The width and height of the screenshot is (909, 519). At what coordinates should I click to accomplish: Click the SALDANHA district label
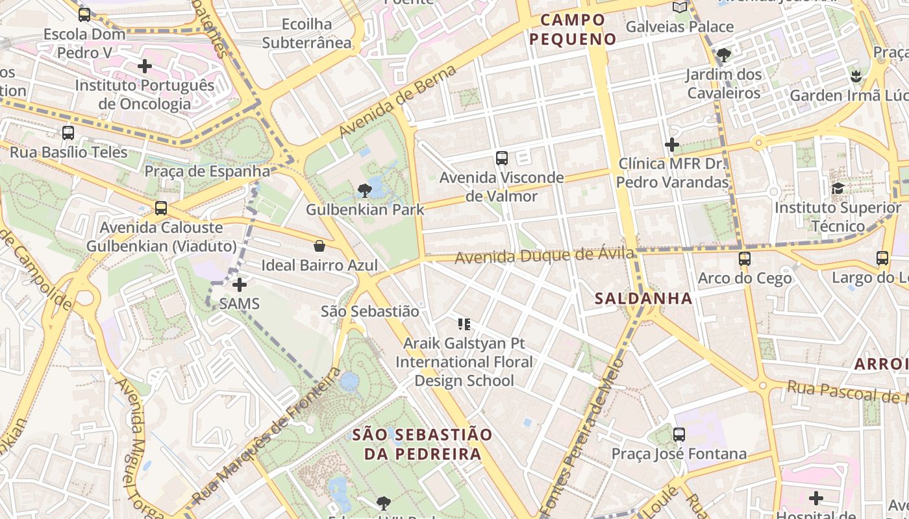click(643, 299)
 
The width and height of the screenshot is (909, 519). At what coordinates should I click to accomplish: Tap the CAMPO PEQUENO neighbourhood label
click(572, 29)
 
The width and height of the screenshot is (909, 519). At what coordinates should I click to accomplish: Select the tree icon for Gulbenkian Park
click(365, 191)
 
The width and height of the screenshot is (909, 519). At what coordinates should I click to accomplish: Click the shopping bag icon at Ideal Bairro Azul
click(319, 246)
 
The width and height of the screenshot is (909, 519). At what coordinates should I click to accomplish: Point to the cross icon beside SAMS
click(240, 284)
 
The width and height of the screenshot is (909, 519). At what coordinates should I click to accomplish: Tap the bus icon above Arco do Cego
click(745, 259)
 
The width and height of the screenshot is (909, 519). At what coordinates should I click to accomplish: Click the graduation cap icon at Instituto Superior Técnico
click(838, 189)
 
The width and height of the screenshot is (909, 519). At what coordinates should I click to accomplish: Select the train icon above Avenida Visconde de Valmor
click(501, 158)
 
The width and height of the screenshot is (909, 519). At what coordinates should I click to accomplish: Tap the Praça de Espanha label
click(207, 171)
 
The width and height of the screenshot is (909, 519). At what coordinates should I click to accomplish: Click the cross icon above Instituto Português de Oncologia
click(145, 66)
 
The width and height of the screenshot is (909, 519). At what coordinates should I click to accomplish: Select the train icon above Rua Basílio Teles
click(68, 133)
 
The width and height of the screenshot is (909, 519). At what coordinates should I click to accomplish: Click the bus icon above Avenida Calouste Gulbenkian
click(161, 208)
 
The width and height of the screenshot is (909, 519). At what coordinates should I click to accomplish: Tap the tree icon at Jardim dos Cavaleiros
click(723, 55)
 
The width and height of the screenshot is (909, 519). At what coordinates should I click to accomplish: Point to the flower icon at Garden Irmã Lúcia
click(856, 76)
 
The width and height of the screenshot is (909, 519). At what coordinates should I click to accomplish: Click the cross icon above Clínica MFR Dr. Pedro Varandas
click(672, 144)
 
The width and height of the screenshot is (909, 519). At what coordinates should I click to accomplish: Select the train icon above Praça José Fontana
click(679, 435)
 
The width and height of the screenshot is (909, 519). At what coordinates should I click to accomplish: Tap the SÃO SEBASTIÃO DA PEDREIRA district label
click(423, 444)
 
